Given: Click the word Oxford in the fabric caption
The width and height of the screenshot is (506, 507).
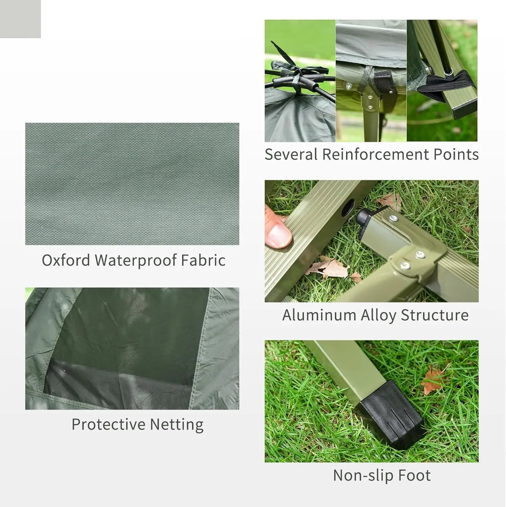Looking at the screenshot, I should point(66,260).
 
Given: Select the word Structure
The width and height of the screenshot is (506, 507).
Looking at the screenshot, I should point(434,315).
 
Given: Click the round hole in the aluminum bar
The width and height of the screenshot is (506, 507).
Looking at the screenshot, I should point(348,209).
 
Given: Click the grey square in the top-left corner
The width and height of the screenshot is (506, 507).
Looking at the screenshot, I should point(20,19).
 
